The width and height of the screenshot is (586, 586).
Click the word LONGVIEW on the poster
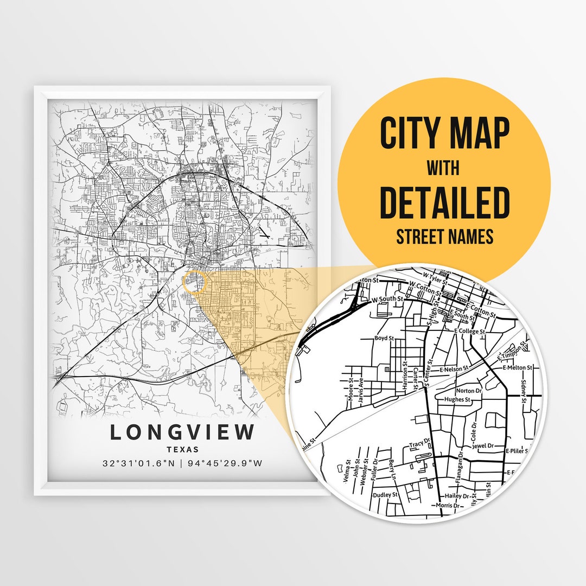tap(182, 432)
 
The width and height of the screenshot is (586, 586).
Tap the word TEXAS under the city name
tap(182, 449)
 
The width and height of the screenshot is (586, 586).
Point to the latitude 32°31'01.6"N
tap(139, 463)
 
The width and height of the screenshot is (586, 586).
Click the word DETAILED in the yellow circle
tap(444, 202)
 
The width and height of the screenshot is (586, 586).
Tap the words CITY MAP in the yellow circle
tap(444, 133)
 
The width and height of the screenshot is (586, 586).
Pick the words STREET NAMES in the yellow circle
tap(444, 237)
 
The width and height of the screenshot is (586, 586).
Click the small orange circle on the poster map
tap(195, 283)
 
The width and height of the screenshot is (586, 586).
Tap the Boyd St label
tap(384, 339)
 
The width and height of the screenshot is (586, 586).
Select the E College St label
tap(470, 330)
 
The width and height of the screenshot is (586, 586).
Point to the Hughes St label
tap(456, 399)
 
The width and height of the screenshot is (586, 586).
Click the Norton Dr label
tap(469, 391)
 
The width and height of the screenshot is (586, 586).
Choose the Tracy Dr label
tap(419, 444)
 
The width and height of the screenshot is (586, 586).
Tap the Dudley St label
tap(385, 495)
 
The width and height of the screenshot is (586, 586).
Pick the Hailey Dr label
tap(456, 496)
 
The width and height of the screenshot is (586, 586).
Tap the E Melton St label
tap(518, 367)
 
